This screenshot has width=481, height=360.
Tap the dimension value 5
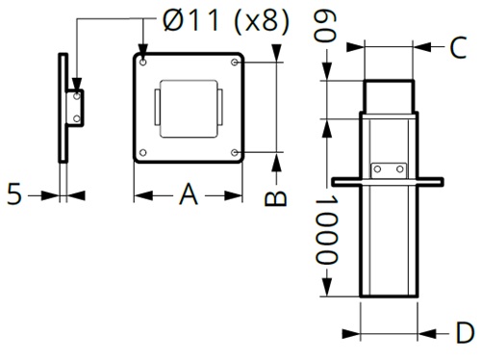tap(13, 194)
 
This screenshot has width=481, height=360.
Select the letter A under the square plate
tap(188, 195)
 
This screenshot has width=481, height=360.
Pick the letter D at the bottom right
tap(465, 334)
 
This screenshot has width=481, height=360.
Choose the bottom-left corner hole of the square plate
tap(143, 152)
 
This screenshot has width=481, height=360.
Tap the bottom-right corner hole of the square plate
tap(237, 152)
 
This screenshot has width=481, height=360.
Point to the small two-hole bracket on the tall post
tap(390, 169)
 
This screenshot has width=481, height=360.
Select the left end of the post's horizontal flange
tap(337, 180)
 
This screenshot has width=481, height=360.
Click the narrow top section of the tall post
tap(390, 96)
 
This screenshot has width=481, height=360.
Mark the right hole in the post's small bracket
tap(401, 168)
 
